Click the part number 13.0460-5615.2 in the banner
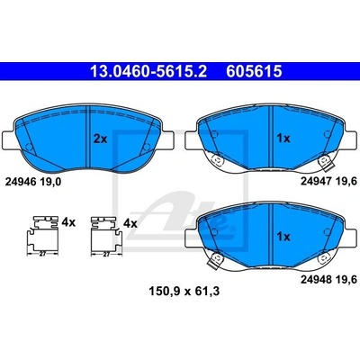(148, 71)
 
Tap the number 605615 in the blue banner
(254, 71)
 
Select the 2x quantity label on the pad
(100, 139)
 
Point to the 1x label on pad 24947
(283, 139)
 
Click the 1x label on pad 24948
(283, 237)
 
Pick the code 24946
(21, 182)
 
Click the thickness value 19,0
(50, 182)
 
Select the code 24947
(316, 181)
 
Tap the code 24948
(316, 280)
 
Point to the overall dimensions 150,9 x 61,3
(184, 291)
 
